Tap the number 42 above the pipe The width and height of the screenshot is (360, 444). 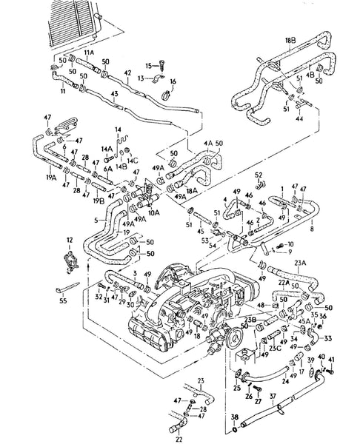click(127, 73)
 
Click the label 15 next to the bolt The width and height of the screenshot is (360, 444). click(149, 66)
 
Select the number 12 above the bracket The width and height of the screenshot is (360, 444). click(70, 240)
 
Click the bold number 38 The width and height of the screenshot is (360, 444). click(235, 416)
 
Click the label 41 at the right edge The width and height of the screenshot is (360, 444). click(332, 360)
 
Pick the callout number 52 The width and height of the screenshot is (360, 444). click(260, 175)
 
